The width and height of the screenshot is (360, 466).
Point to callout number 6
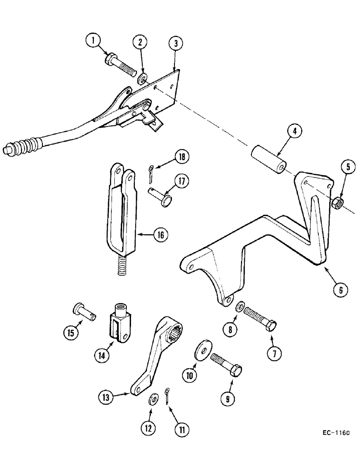pos(340,289)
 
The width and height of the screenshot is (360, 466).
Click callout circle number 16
pos(159,235)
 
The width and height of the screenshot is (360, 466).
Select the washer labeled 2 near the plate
pos(142,77)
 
